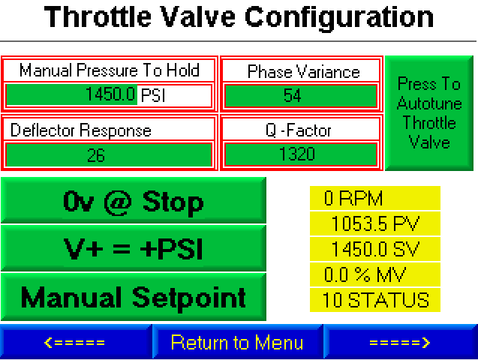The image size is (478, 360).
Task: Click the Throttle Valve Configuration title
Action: [x=239, y=17]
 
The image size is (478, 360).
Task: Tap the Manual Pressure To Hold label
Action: [x=109, y=70]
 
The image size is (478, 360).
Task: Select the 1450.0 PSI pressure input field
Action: [x=109, y=94]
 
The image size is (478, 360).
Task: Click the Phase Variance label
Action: [x=304, y=72]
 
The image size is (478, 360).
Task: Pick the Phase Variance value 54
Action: [x=301, y=96]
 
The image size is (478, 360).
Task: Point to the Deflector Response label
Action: [x=81, y=130]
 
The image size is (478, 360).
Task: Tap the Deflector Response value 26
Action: [x=109, y=155]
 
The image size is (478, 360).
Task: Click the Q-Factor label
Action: [x=299, y=130]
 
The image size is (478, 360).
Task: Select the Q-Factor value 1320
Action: [x=301, y=154]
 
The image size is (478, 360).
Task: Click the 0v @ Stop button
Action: [x=134, y=200]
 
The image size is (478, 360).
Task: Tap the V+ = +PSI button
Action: [x=134, y=248]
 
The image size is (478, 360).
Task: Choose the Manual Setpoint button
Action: [x=134, y=297]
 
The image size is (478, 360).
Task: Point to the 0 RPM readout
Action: [x=375, y=198]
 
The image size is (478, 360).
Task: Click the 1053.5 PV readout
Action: [x=375, y=223]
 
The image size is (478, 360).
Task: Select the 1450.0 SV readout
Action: [x=375, y=249]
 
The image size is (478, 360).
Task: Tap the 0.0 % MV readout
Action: [x=375, y=274]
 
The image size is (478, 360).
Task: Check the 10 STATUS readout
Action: [x=375, y=300]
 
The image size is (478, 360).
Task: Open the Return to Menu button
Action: [x=237, y=342]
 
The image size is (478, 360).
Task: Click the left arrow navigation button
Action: [x=76, y=342]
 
